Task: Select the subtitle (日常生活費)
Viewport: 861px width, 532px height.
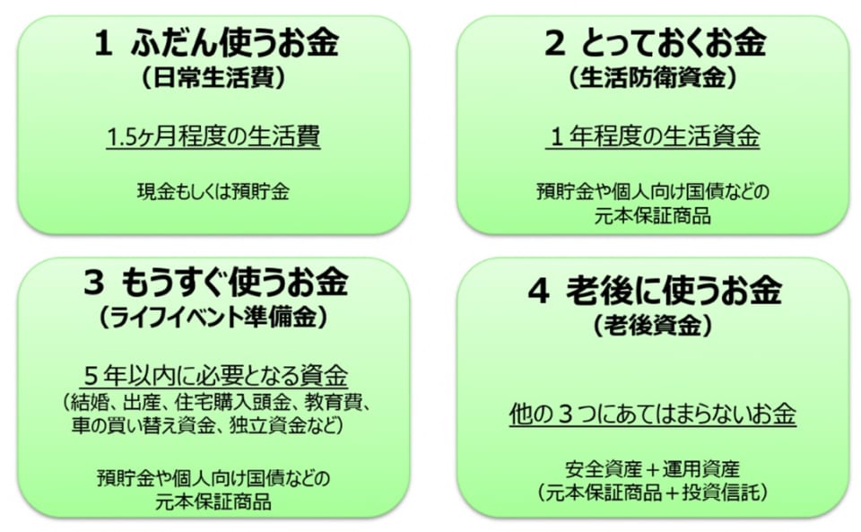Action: [x=213, y=79]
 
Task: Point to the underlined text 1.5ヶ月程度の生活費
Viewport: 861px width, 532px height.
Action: [x=213, y=137]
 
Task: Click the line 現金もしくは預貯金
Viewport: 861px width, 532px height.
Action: [x=213, y=190]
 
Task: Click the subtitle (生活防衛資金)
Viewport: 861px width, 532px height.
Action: [x=652, y=79]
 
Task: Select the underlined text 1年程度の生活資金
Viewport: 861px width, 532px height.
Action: [x=653, y=137]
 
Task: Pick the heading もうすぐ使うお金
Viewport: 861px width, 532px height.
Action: [x=239, y=283]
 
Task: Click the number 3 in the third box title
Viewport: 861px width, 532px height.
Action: [x=95, y=283]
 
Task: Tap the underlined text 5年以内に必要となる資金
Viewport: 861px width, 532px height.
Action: [x=213, y=374]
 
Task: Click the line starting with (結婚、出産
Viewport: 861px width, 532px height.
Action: [x=213, y=400]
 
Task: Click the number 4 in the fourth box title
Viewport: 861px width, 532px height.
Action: [x=538, y=292]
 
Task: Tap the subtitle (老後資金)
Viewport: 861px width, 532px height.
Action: [x=652, y=325]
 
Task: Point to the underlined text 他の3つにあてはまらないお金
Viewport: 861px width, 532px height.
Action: [x=652, y=414]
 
